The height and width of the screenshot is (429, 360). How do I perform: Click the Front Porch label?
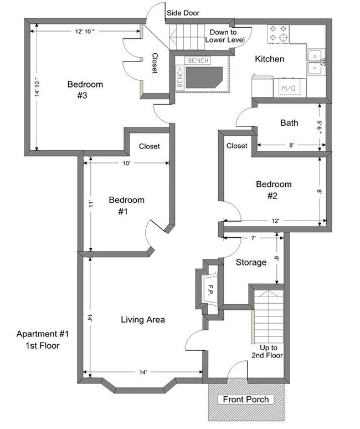point(245,399)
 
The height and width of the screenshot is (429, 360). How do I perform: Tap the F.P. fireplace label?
point(210,288)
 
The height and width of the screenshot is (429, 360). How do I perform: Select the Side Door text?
point(183,13)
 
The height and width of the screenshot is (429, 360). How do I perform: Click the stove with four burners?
point(279,34)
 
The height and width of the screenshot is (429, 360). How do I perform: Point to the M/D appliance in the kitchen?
point(287,88)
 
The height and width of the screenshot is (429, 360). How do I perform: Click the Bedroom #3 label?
point(85,90)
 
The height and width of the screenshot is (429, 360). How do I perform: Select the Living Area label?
point(143,320)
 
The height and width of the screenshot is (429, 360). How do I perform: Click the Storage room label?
point(251,262)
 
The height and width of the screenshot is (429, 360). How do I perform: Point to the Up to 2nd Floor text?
point(267,351)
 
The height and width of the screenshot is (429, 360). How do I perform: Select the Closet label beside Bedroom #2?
point(237,146)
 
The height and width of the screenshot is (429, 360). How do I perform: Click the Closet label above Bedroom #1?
point(149,146)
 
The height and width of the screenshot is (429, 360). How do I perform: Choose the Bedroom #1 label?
point(126,206)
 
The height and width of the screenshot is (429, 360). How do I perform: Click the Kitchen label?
point(269,59)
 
